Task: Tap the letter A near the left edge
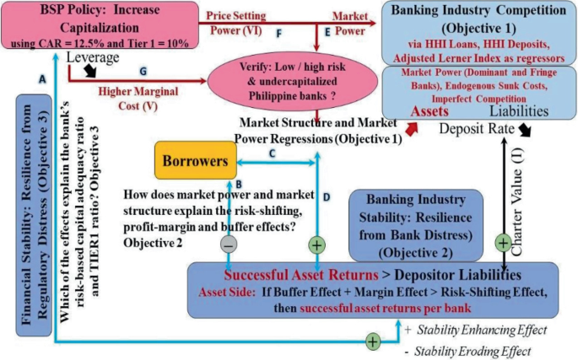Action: (x=41, y=77)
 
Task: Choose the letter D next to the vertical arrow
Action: (x=327, y=196)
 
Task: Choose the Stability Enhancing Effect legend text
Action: (x=477, y=328)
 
